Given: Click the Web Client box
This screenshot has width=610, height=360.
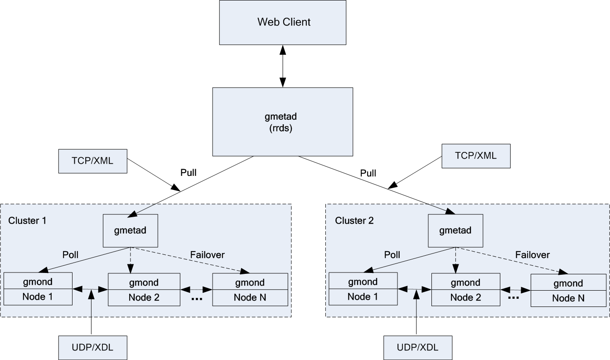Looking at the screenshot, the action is pyautogui.click(x=283, y=22).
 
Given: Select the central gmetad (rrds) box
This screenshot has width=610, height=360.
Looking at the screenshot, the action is pyautogui.click(x=283, y=122).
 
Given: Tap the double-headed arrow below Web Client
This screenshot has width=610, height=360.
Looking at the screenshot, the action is pyautogui.click(x=283, y=66).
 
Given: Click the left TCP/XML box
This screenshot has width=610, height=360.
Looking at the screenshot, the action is pyautogui.click(x=92, y=161).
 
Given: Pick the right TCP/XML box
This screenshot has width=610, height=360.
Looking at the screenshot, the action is pyautogui.click(x=476, y=156).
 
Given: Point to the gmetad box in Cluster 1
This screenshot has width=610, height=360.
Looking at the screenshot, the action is pyautogui.click(x=131, y=230).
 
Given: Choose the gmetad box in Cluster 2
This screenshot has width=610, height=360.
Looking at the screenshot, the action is pyautogui.click(x=455, y=230).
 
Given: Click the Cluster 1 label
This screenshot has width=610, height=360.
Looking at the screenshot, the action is pyautogui.click(x=27, y=220).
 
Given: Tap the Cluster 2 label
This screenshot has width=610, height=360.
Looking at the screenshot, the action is pyautogui.click(x=354, y=220).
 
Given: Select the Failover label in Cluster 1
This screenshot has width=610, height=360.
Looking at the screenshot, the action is pyautogui.click(x=207, y=255).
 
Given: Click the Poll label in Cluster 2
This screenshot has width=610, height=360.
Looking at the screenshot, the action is pyautogui.click(x=392, y=255).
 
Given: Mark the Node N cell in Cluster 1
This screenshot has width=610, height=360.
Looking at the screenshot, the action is pyautogui.click(x=250, y=297).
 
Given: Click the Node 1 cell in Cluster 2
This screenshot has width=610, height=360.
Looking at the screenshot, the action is pyautogui.click(x=363, y=297).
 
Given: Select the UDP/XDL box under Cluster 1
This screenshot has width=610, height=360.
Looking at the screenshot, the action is pyautogui.click(x=92, y=348).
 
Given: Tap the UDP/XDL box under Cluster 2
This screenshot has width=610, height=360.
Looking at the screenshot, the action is pyautogui.click(x=418, y=348).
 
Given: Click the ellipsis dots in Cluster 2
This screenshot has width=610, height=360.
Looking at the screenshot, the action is pyautogui.click(x=513, y=298).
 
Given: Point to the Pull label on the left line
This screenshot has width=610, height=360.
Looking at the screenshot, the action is pyautogui.click(x=188, y=172).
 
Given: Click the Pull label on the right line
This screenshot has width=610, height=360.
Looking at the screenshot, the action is pyautogui.click(x=368, y=173).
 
